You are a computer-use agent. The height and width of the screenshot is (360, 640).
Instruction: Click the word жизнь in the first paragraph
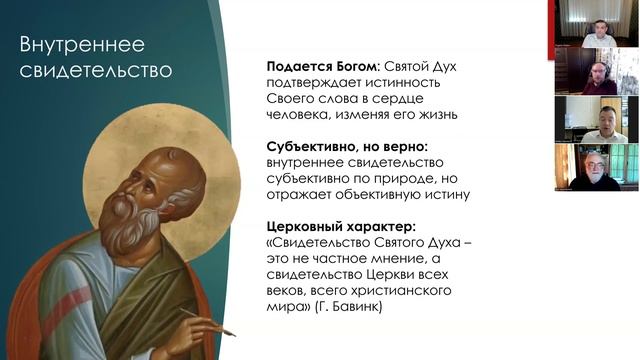[x=434, y=115]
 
